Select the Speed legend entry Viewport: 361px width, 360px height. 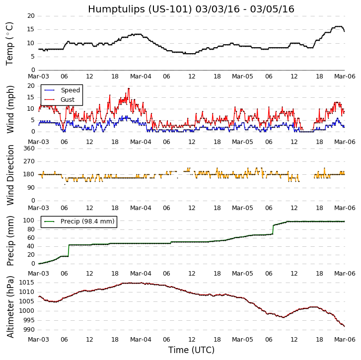click(70, 90)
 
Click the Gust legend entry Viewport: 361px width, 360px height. click(67, 100)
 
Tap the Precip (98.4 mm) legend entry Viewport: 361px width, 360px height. click(87, 221)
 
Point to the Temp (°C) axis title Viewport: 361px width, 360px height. click(10, 43)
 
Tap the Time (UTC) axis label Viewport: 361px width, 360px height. click(191, 350)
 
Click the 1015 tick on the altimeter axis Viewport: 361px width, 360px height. click(28, 283)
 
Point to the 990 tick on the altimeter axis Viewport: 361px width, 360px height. click(29, 330)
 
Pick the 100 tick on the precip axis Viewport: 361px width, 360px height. click(29, 220)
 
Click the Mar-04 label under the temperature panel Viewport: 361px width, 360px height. click(141, 76)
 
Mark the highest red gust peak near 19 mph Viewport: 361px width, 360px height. click(129, 88)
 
